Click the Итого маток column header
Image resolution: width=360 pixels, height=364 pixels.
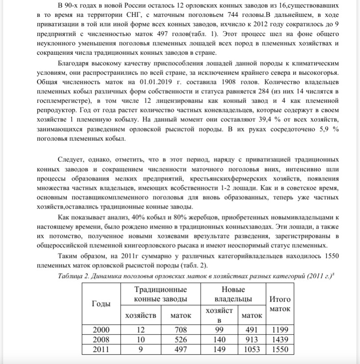tap(280, 304)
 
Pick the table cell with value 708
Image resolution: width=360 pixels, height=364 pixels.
tap(181, 330)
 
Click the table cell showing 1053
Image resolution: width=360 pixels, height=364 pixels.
tap(251, 349)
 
